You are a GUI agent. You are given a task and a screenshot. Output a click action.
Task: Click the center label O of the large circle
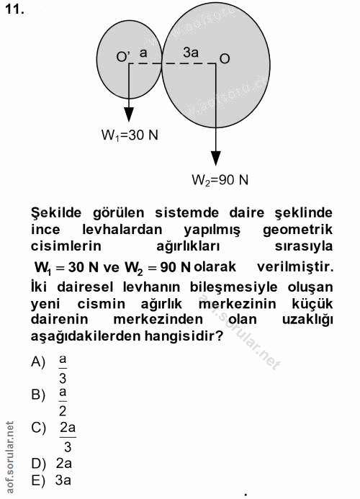tap(224, 57)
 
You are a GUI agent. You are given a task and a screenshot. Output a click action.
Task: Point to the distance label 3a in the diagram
tap(191, 53)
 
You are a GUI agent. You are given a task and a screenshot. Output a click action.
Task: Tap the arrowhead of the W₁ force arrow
tap(129, 114)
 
